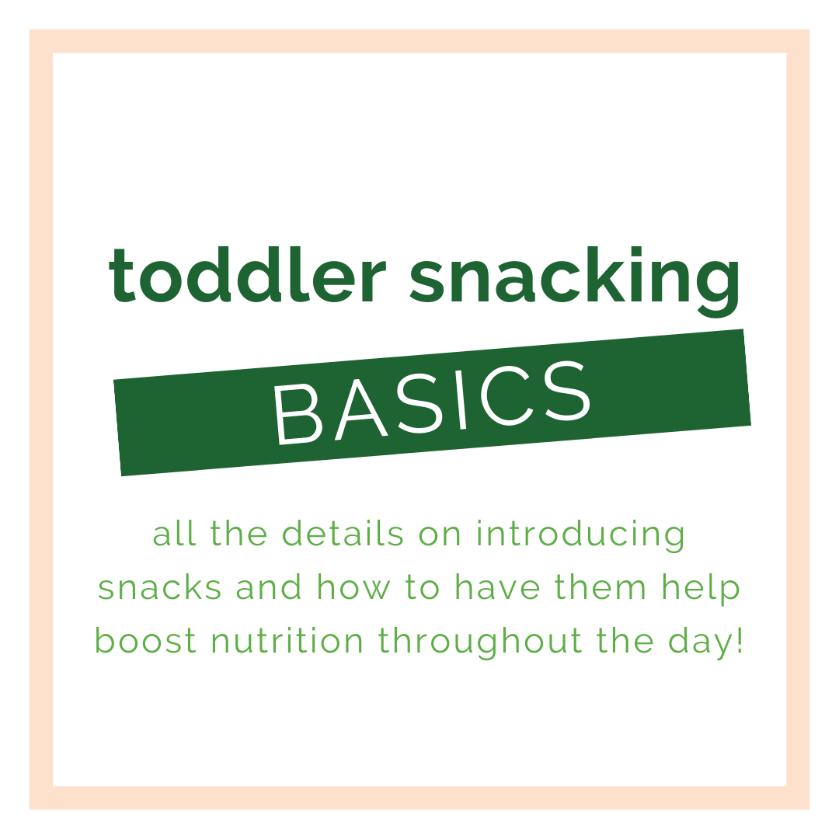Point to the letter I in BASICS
point(460,399)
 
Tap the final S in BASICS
point(567,390)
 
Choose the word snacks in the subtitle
point(159,589)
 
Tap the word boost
point(146,642)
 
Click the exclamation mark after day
point(739,641)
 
